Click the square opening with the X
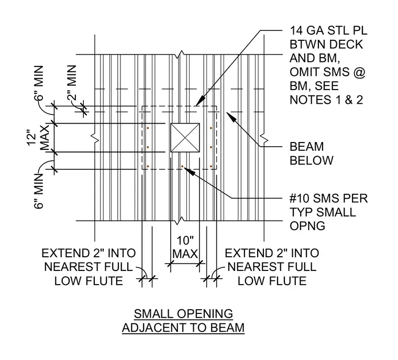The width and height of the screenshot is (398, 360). pyautogui.click(x=185, y=138)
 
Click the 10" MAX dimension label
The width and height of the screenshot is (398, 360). pyautogui.click(x=185, y=247)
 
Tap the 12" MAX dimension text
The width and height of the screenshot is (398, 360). pyautogui.click(x=38, y=138)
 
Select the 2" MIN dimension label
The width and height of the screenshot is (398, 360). pyautogui.click(x=72, y=83)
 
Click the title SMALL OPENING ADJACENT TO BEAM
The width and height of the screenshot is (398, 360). pyautogui.click(x=183, y=321)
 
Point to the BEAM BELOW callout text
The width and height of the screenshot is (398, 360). pyautogui.click(x=312, y=154)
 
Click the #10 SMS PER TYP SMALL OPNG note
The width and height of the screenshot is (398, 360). pyautogui.click(x=328, y=212)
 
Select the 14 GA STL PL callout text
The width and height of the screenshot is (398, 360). pyautogui.click(x=328, y=65)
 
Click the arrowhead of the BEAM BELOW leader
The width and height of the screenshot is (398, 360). pyautogui.click(x=231, y=117)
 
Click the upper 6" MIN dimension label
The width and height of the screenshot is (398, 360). pyautogui.click(x=39, y=83)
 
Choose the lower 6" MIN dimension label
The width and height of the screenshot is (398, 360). pyautogui.click(x=39, y=191)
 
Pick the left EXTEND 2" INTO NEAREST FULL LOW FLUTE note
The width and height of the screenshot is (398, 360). pyautogui.click(x=89, y=267)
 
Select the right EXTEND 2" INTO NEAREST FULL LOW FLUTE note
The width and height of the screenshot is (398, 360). pyautogui.click(x=272, y=267)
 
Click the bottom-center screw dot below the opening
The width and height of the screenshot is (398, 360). pyautogui.click(x=182, y=167)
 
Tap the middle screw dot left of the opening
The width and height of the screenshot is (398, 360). pyautogui.click(x=148, y=147)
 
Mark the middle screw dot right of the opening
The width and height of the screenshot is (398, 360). pyautogui.click(x=211, y=147)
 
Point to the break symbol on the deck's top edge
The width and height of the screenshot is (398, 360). pyautogui.click(x=181, y=54)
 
